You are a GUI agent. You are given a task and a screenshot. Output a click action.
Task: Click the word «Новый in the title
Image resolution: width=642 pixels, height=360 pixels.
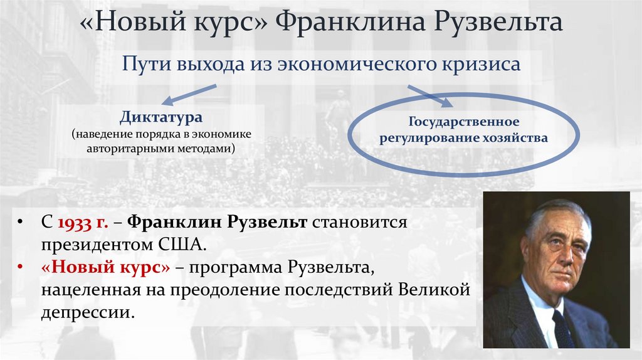(x=132, y=23)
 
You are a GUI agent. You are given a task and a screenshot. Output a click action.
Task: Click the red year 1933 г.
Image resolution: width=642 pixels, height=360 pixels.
(x=81, y=223)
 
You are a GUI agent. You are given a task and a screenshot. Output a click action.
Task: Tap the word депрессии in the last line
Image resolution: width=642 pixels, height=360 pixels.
(x=87, y=312)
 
